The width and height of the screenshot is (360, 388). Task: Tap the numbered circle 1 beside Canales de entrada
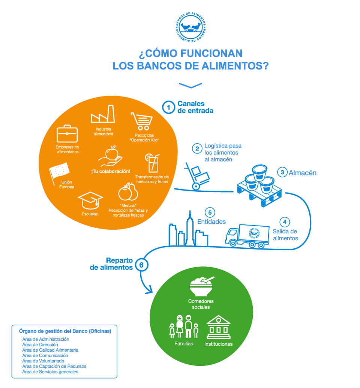pyautogui.click(x=169, y=108)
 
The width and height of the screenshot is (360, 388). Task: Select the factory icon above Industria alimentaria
pyautogui.click(x=102, y=114)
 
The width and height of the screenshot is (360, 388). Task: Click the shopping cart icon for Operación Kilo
pyautogui.click(x=142, y=121)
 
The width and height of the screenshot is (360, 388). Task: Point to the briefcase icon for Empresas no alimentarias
pyautogui.click(x=67, y=134)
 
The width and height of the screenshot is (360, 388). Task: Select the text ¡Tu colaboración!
pyautogui.click(x=110, y=171)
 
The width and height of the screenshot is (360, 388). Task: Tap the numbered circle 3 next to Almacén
pyautogui.click(x=282, y=172)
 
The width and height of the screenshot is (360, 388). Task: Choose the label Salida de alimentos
pyautogui.click(x=285, y=235)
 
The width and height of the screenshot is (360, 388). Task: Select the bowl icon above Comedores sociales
pyautogui.click(x=202, y=286)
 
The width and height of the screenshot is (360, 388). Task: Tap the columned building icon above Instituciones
pyautogui.click(x=218, y=327)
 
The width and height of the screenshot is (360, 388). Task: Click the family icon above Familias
pyautogui.click(x=183, y=326)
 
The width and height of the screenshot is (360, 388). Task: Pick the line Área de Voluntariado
pyautogui.click(x=43, y=361)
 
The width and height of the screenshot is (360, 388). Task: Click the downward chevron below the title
pyautogui.click(x=190, y=86)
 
